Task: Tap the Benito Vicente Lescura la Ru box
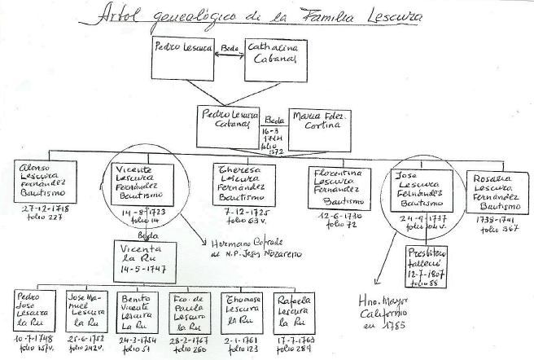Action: click(137, 310)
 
